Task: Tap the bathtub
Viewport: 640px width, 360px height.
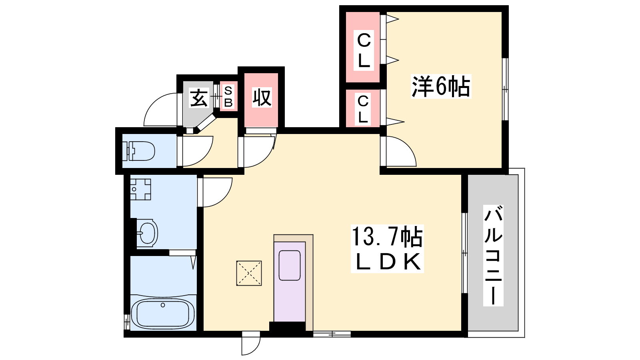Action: tap(162, 313)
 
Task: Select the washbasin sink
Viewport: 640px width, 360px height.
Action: tap(147, 232)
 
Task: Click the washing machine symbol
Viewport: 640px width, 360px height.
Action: tap(140, 189)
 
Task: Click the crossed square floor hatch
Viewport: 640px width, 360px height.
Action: tap(249, 273)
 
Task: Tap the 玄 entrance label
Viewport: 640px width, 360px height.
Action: tap(199, 98)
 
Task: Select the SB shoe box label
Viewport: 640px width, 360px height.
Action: tap(228, 97)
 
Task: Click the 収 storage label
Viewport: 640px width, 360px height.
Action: tap(262, 97)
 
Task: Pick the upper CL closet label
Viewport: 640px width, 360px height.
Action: tap(364, 50)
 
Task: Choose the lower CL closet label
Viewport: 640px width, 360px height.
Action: tap(363, 109)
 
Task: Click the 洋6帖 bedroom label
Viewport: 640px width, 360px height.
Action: tap(441, 86)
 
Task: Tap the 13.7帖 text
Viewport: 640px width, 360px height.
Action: tap(387, 236)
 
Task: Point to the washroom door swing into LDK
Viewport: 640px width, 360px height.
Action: tap(216, 192)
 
